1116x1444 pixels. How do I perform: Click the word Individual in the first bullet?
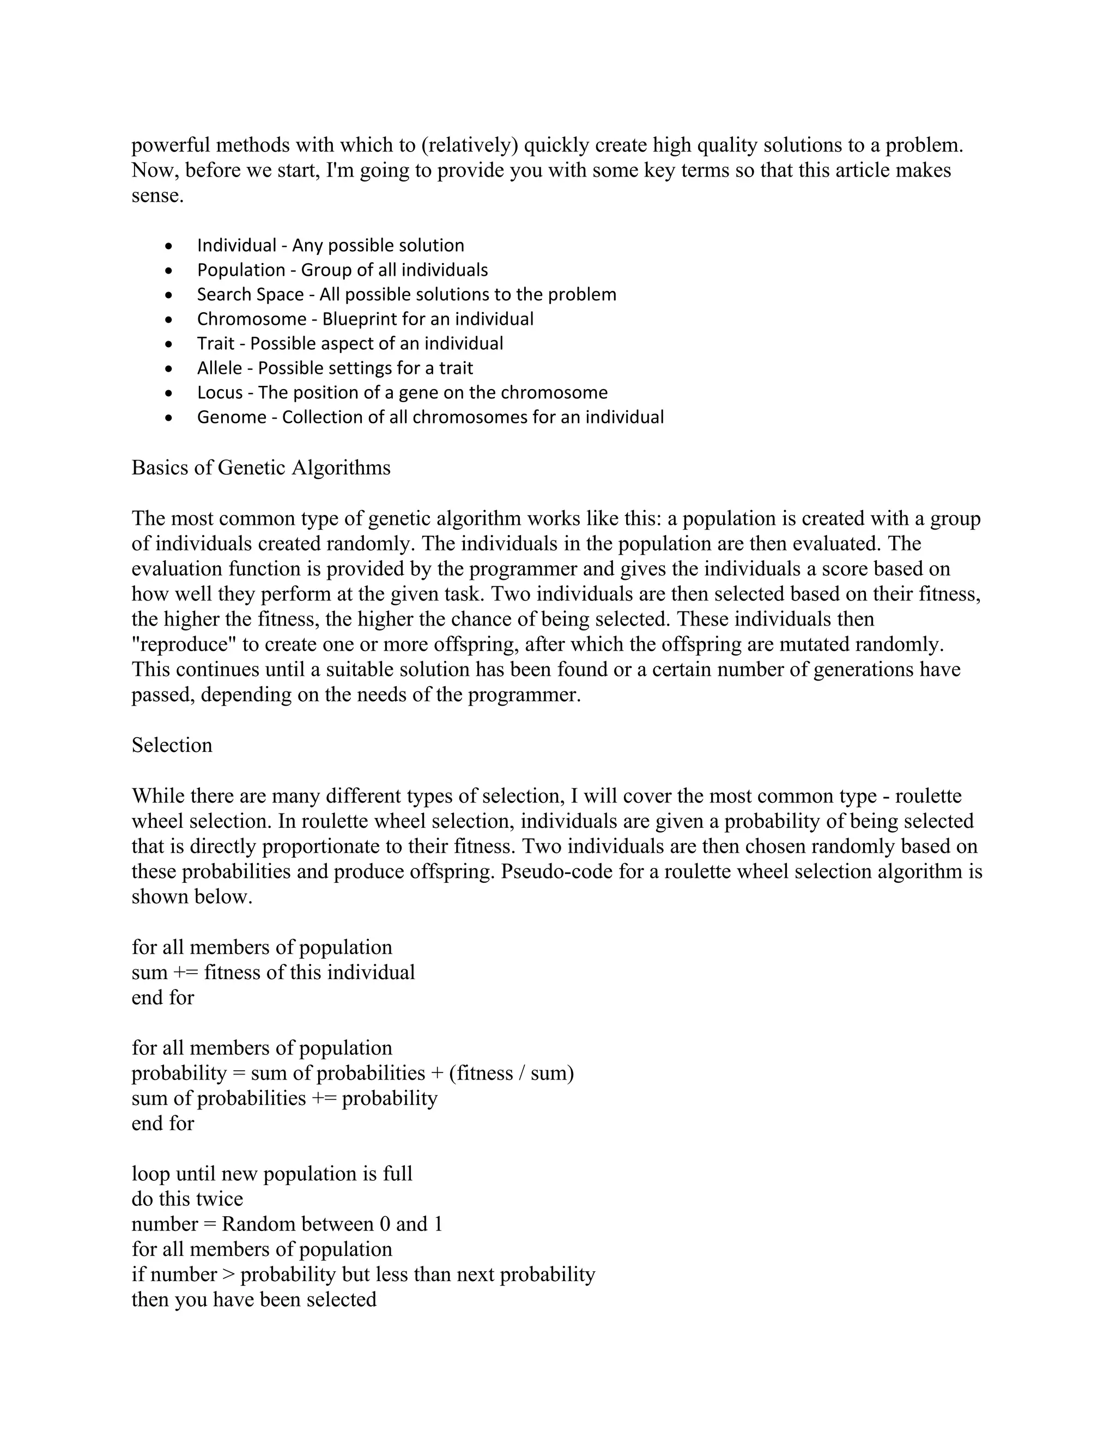(x=236, y=245)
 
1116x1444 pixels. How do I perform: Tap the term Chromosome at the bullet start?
(x=251, y=319)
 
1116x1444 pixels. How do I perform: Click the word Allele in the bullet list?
(x=219, y=368)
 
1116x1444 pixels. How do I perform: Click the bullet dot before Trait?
(x=170, y=344)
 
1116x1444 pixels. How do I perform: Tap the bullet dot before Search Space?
(x=170, y=295)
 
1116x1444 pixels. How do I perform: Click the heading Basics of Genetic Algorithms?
(x=260, y=468)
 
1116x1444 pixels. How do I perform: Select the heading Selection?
(x=172, y=745)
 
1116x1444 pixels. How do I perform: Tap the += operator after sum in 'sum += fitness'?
(x=185, y=973)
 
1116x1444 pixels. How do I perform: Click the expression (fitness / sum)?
(x=511, y=1073)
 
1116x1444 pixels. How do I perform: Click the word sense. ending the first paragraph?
(x=157, y=196)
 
